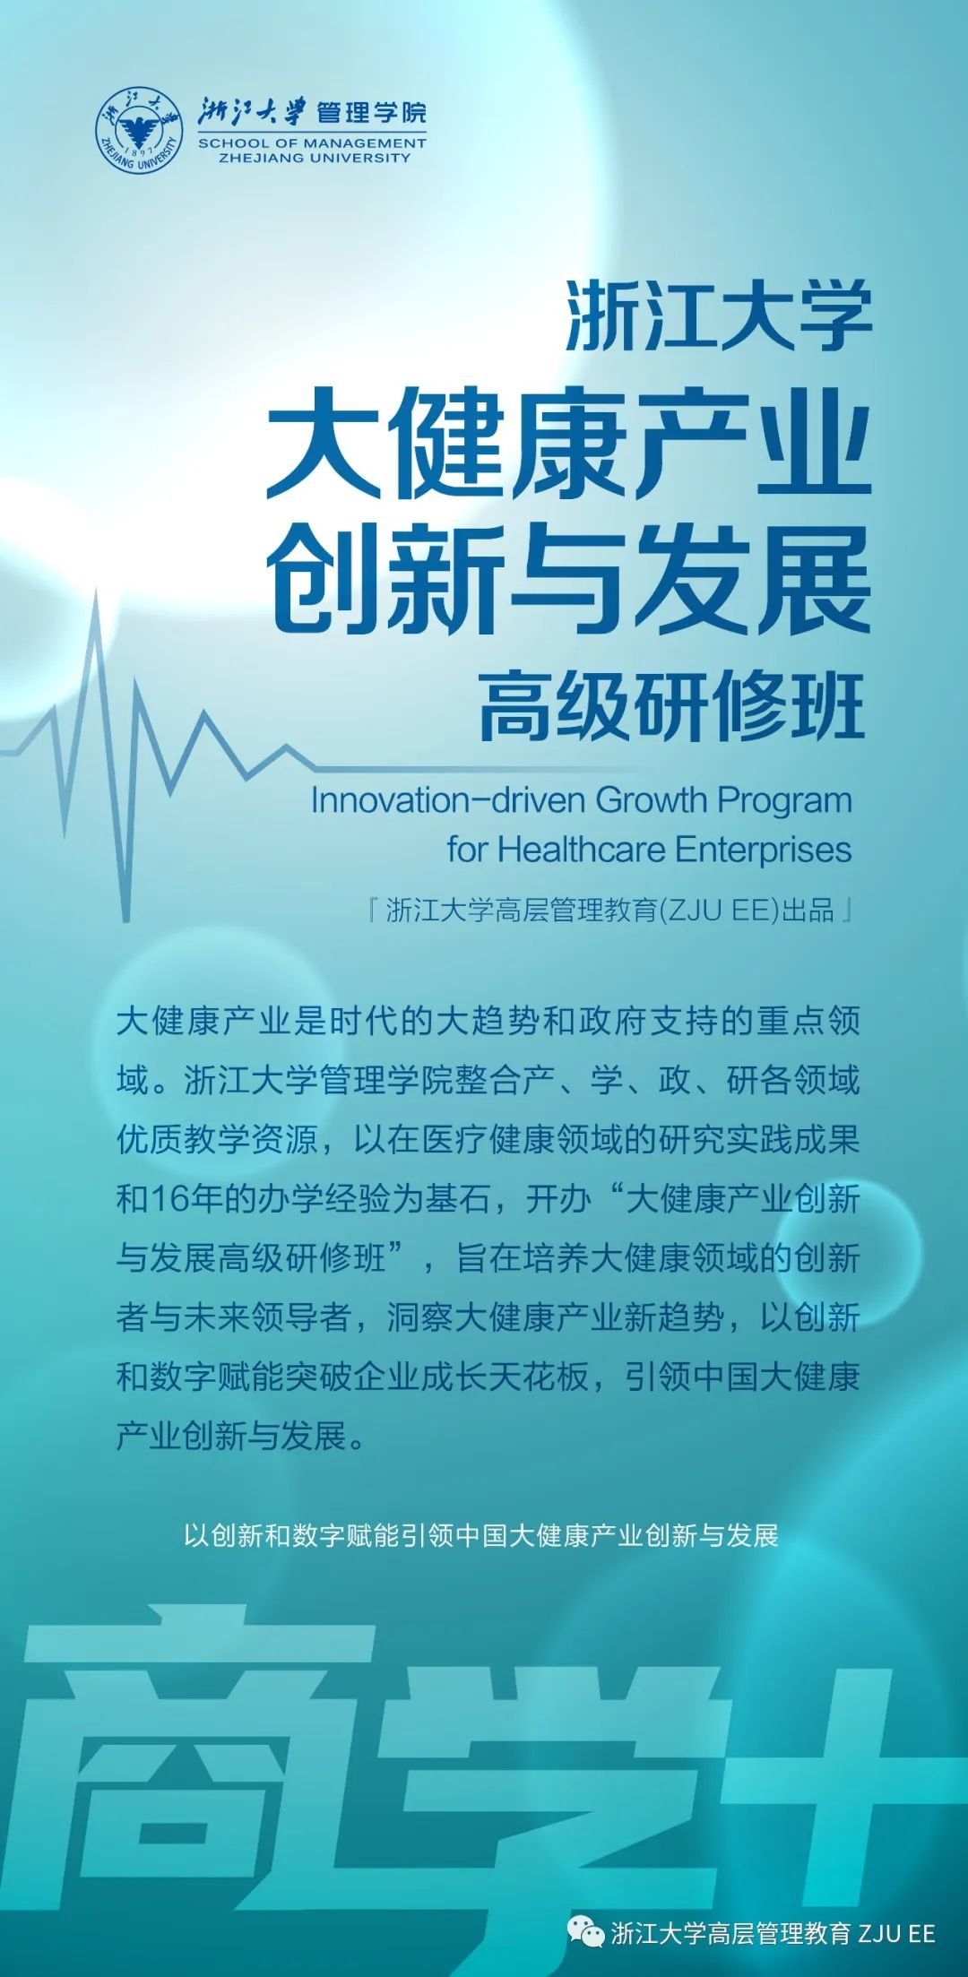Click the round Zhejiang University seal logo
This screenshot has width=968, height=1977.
[x=139, y=132]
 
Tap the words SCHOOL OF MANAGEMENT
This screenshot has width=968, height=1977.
[x=312, y=143]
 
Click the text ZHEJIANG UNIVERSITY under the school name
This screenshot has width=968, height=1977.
[x=315, y=158]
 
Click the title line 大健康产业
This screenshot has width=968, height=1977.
[x=569, y=443]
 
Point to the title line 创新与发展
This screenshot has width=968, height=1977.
[x=569, y=580]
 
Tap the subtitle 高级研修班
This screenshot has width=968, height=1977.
[x=672, y=706]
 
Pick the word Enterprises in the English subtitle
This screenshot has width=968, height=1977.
[x=763, y=850]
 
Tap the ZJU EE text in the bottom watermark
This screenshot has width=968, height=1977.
[x=897, y=1933]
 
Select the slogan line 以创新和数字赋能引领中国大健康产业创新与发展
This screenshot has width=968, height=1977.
[x=481, y=1535]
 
